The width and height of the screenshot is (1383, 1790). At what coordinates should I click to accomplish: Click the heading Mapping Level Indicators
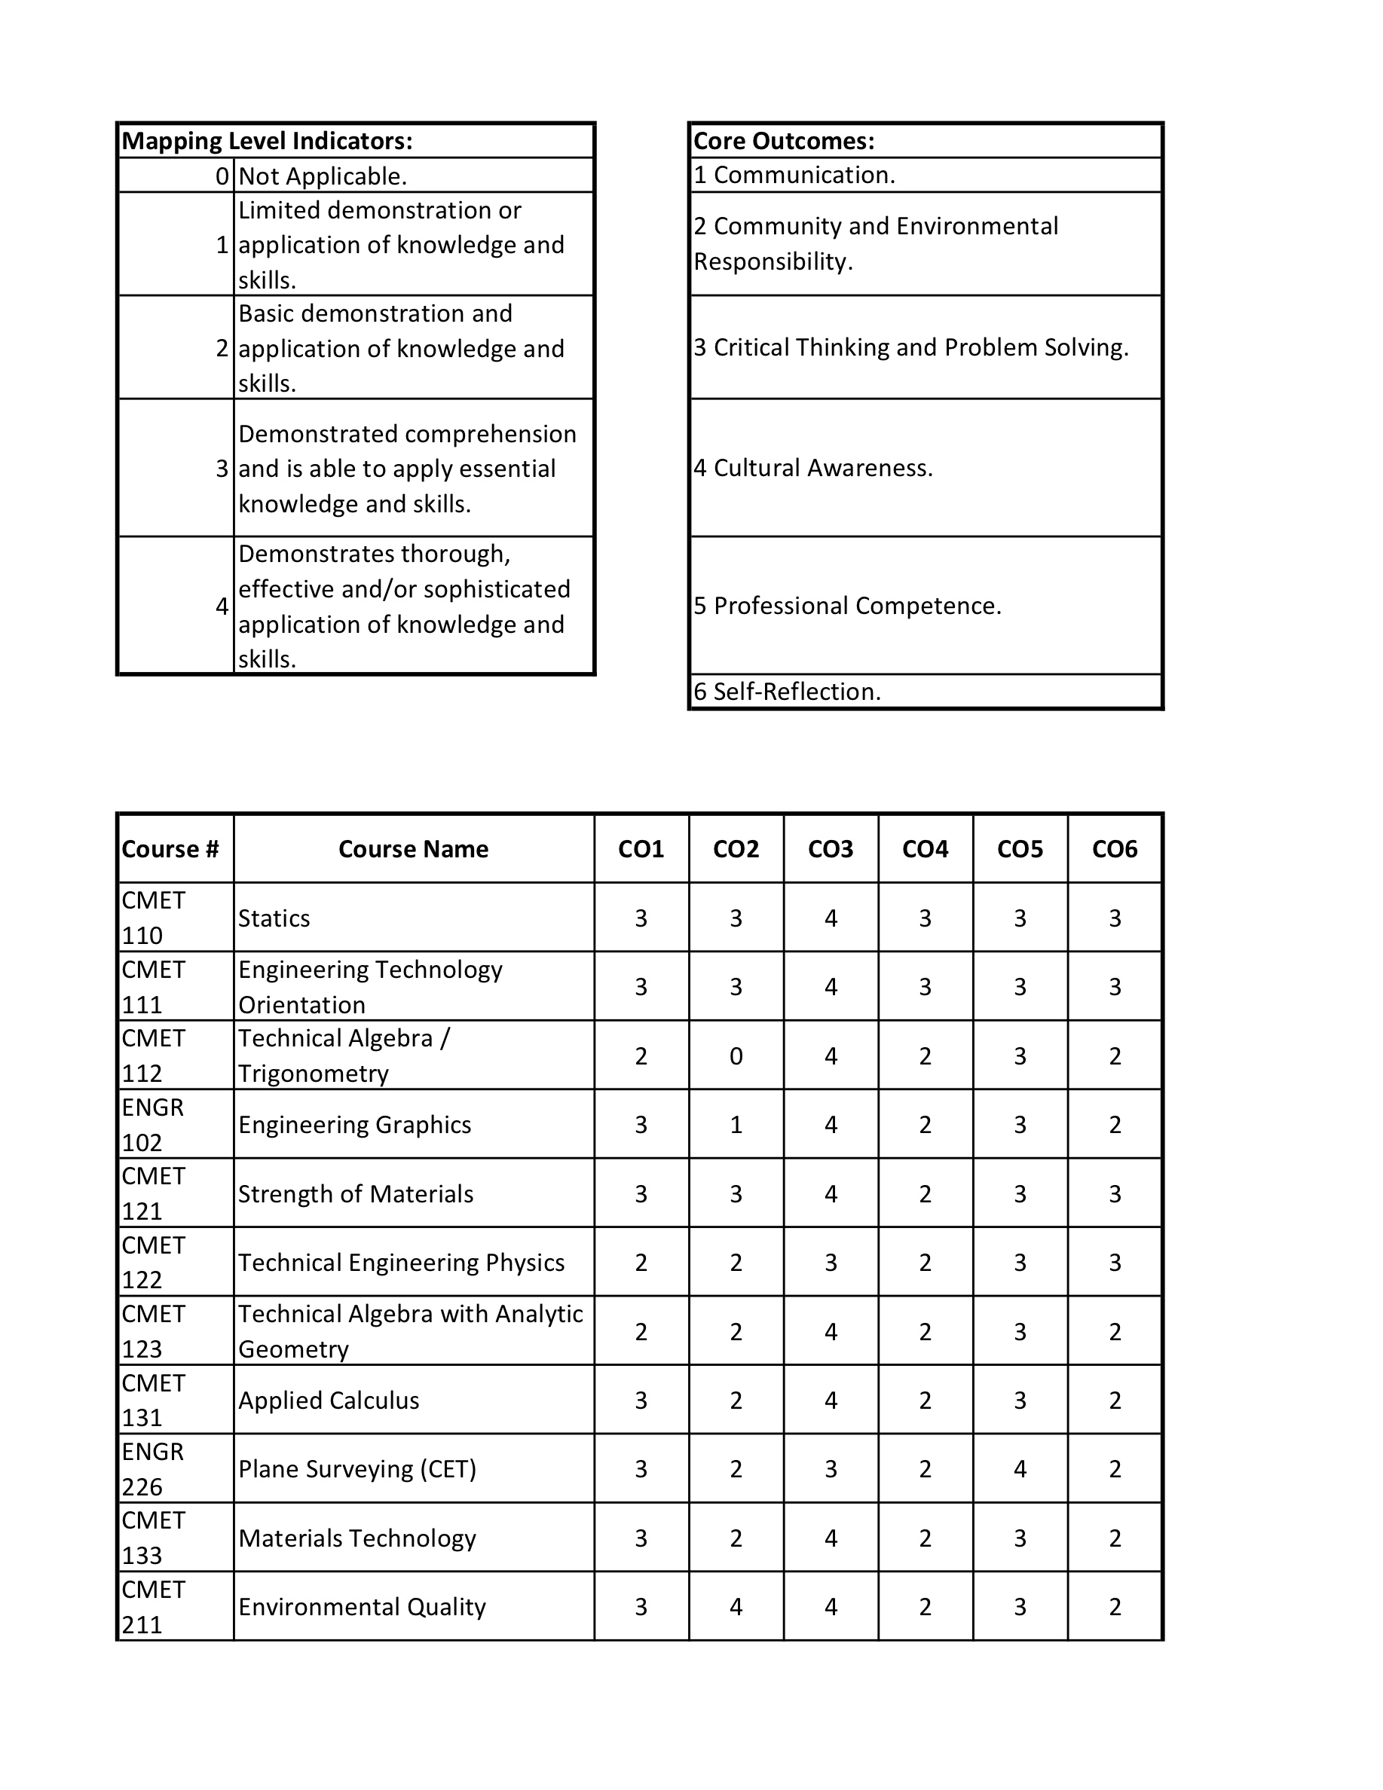(x=267, y=141)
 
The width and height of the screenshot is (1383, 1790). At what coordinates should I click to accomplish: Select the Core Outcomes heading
(x=784, y=141)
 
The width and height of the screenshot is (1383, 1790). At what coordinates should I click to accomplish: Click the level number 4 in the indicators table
(x=222, y=606)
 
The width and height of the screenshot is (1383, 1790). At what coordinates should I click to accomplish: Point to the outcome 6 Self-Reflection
(x=787, y=692)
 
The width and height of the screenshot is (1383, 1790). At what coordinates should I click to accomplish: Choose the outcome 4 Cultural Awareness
(x=813, y=468)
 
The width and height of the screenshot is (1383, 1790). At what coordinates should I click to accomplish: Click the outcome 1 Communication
(x=794, y=175)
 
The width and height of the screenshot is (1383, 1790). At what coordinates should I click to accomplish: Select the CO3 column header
(x=831, y=849)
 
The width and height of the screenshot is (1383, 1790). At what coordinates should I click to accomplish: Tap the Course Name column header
(x=413, y=849)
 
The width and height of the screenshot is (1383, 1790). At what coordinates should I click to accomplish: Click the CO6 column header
(x=1114, y=849)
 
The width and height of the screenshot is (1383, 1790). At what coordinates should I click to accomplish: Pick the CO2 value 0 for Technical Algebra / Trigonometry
(x=736, y=1055)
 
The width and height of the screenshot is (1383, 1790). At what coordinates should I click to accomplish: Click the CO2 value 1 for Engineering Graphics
(x=736, y=1125)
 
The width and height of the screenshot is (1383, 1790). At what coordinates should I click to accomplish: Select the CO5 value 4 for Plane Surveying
(x=1020, y=1469)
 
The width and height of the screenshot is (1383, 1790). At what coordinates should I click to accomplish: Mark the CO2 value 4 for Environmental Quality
(x=736, y=1606)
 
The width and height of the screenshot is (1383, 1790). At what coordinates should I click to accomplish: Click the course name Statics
(x=274, y=918)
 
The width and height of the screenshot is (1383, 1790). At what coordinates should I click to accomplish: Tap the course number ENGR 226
(x=152, y=1469)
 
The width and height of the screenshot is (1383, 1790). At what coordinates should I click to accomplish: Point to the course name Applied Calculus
(x=329, y=1400)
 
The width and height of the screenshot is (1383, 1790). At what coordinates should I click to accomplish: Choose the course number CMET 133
(x=152, y=1538)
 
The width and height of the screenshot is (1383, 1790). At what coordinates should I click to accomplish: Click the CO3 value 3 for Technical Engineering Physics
(x=831, y=1262)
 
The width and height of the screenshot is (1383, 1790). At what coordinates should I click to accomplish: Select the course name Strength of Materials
(x=356, y=1193)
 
